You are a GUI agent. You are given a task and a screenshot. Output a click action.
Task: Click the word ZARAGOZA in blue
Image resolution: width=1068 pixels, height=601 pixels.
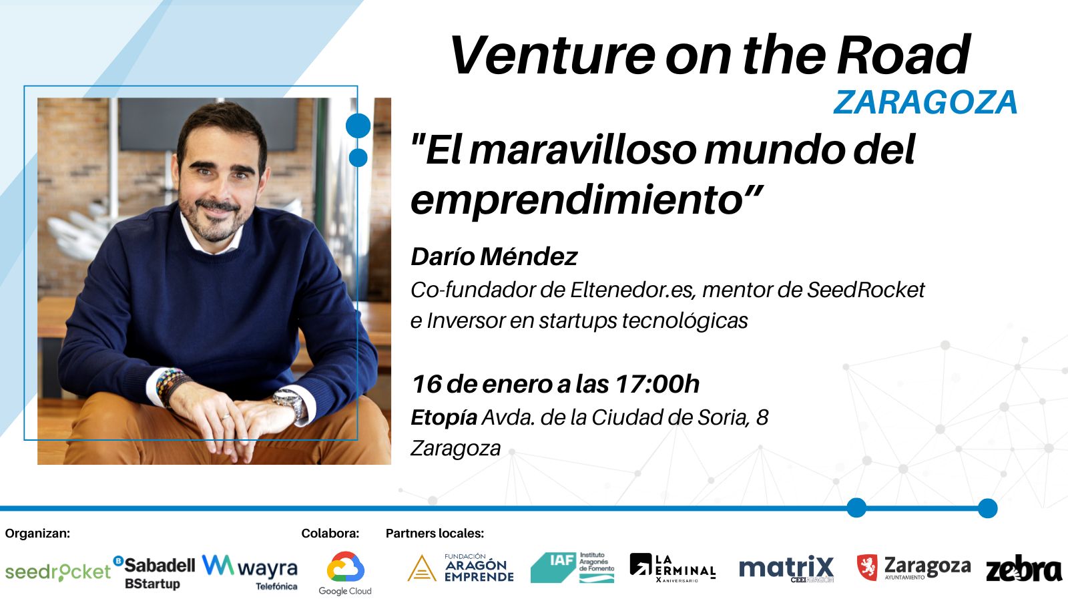(925, 102)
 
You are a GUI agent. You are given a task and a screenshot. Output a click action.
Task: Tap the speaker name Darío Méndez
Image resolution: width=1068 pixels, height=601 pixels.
(494, 256)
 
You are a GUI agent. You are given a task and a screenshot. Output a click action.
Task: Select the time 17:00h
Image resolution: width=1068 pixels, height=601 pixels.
(657, 383)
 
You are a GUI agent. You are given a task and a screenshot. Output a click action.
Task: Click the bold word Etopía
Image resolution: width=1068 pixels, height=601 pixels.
(444, 418)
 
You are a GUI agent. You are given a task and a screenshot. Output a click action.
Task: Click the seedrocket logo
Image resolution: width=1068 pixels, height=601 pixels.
(57, 572)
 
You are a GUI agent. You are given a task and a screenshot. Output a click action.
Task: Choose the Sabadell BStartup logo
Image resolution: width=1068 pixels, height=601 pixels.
(154, 572)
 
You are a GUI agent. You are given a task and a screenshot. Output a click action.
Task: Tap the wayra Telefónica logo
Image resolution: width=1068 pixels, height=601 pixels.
(250, 572)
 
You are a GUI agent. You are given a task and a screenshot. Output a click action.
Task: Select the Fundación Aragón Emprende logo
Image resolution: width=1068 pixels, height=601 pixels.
(461, 568)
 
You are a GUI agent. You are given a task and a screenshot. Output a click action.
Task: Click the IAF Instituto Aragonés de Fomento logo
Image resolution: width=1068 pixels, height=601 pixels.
(572, 568)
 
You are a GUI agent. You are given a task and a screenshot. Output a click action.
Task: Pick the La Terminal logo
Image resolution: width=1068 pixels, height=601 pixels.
(673, 568)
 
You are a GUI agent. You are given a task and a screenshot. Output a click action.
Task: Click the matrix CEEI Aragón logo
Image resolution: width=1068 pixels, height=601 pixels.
(786, 569)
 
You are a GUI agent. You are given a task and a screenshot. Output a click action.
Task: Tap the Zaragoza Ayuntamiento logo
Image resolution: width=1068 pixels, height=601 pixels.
(914, 568)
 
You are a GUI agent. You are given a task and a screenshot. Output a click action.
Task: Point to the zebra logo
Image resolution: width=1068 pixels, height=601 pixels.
(1024, 568)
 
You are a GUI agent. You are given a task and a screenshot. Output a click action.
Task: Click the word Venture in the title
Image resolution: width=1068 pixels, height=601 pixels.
(553, 56)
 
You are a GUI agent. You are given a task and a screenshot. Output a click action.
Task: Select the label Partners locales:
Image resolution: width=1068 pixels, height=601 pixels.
(435, 534)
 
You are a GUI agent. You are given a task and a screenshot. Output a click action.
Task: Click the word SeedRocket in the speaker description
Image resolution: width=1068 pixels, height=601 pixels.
(866, 290)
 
